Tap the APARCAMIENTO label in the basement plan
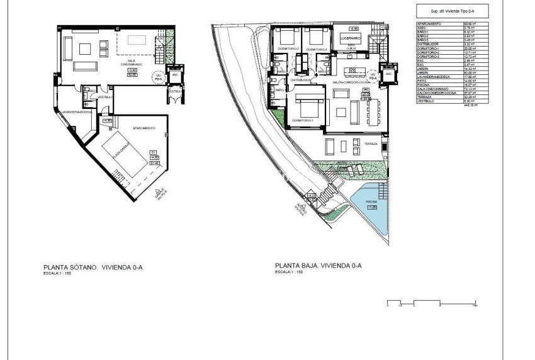(144, 128)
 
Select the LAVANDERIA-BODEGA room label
(76, 112)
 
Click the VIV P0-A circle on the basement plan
(159, 76)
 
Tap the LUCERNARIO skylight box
(350, 38)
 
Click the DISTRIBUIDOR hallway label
(300, 80)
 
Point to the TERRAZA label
(370, 144)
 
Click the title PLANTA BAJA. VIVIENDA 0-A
(318, 266)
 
